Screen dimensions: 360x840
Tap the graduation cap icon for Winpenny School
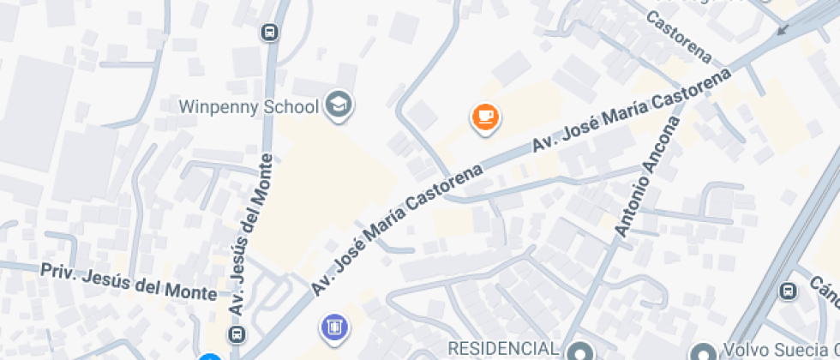coord(340,105)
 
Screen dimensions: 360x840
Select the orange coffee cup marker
coord(485,117)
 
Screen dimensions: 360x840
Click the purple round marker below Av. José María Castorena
coord(333,327)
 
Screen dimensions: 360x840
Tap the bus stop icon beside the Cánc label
coord(788,291)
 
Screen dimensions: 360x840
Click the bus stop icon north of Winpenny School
coord(269,33)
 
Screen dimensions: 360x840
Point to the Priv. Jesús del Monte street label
coord(129,281)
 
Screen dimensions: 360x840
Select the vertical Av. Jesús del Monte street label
coord(250,233)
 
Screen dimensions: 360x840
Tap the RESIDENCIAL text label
coord(505,349)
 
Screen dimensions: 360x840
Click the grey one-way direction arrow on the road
coord(782,28)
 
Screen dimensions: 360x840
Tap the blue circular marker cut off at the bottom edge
coord(209,357)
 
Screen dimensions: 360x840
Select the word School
coord(290,106)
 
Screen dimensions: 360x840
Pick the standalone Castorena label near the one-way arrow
coord(679,37)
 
